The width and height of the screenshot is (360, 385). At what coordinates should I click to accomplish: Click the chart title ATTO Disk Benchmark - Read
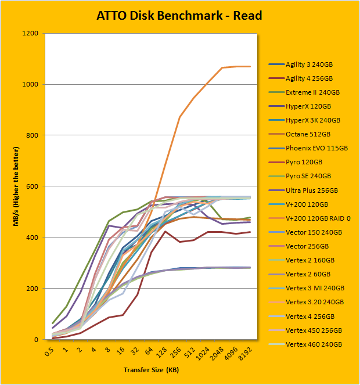point(179,15)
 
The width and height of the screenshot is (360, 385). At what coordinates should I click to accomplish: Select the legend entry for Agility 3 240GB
point(308,64)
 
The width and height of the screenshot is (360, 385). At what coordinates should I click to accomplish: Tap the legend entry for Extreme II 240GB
point(312,92)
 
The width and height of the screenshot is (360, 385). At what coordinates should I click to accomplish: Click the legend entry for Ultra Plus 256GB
point(312,190)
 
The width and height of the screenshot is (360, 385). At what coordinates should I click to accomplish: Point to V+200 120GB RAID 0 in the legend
point(318,218)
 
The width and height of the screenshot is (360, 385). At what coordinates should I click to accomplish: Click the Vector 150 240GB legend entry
point(312,232)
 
